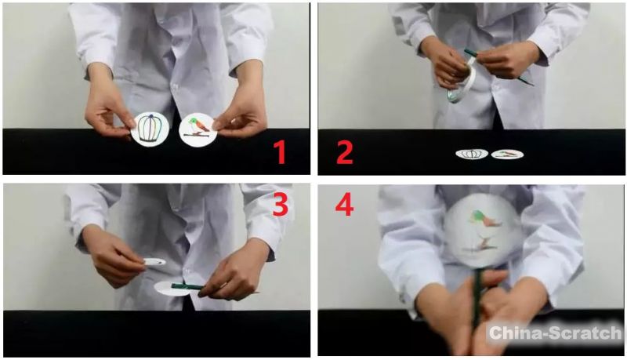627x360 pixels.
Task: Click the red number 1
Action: tap(280, 152)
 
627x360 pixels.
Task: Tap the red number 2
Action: tap(345, 152)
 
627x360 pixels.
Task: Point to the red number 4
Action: tap(344, 205)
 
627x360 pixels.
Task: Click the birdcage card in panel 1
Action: tap(150, 129)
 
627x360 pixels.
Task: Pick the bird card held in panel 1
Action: tap(198, 129)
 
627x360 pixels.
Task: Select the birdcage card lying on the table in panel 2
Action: tap(472, 154)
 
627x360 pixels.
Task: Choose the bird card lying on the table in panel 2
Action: tap(507, 154)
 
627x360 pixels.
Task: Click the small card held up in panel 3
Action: tap(154, 262)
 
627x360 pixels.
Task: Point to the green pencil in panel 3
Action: tap(188, 286)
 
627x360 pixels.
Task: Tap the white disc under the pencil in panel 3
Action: tap(172, 289)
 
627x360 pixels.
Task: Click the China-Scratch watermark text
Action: tap(555, 333)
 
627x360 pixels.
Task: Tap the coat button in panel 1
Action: tap(174, 85)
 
